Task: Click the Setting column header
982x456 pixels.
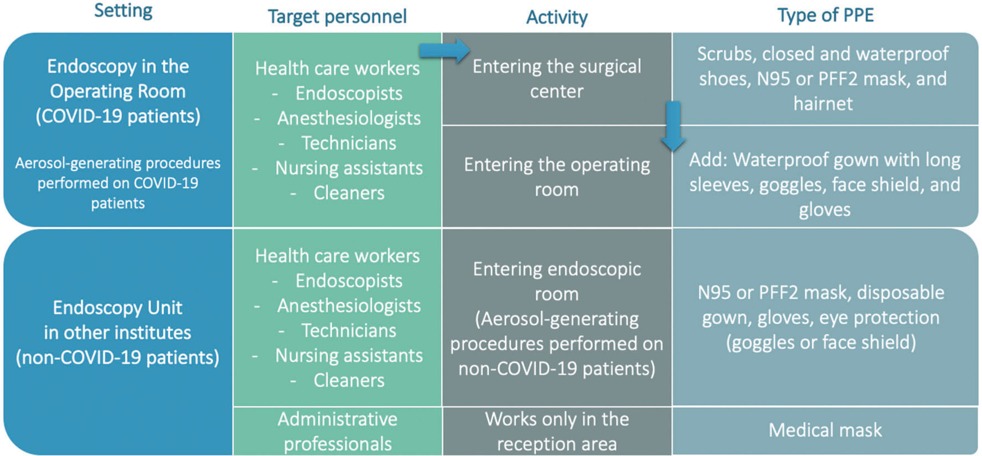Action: (x=123, y=11)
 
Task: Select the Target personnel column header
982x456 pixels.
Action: (x=337, y=17)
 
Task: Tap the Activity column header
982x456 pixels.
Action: (x=557, y=18)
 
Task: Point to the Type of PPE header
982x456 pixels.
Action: (x=825, y=15)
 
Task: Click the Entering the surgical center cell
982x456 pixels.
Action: (x=557, y=79)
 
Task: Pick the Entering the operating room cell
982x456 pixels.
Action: (x=557, y=177)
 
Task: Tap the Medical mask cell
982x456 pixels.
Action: (x=825, y=430)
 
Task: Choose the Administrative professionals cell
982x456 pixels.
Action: (x=338, y=431)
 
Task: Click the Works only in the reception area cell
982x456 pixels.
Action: (x=557, y=431)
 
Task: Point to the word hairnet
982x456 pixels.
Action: (x=823, y=103)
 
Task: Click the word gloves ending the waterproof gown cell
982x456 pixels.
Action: (x=824, y=210)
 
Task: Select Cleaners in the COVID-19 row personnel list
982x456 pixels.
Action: (x=349, y=193)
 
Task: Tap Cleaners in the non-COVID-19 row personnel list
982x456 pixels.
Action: (x=349, y=381)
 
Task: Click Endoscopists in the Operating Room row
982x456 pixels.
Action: (x=349, y=94)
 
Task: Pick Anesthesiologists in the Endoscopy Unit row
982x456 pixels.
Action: (x=349, y=306)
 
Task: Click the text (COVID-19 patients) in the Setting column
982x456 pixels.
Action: (x=118, y=116)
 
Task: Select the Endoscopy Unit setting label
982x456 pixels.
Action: (x=118, y=308)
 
